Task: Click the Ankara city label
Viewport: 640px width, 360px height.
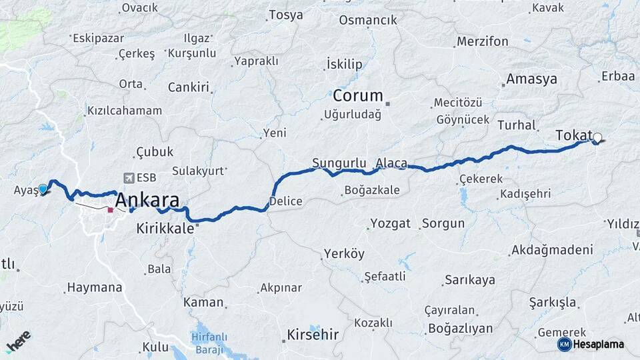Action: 147,200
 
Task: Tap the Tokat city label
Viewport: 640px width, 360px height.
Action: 573,135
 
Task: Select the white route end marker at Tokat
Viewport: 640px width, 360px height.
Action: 597,139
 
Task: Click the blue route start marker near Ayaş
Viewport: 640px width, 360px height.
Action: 43,189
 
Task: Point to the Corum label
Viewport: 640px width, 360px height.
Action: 358,95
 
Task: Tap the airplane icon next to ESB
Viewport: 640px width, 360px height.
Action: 128,178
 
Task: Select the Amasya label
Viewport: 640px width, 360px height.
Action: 531,79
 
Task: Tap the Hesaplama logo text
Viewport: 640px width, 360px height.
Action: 598,344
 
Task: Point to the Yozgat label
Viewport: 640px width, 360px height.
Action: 391,223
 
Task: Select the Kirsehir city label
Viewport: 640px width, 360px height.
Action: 313,334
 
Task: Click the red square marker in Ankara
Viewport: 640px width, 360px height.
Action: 110,209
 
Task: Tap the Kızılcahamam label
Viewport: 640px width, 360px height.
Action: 125,111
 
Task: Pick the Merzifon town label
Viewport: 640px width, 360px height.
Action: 482,41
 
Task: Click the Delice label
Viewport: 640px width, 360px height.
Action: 286,201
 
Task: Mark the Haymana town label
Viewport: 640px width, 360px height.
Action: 94,289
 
